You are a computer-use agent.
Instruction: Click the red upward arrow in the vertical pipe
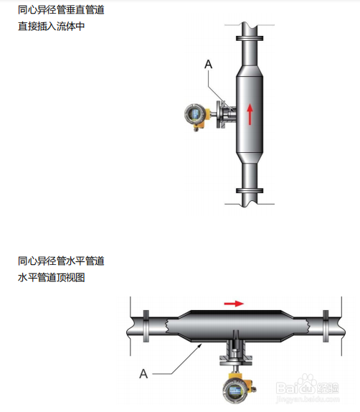[250, 114]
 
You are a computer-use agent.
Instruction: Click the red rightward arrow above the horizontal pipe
[234, 304]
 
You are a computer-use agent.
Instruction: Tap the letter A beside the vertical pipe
[208, 64]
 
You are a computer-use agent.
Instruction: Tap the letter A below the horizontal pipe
[143, 374]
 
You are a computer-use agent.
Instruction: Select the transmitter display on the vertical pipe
[194, 114]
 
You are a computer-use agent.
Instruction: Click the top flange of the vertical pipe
[250, 38]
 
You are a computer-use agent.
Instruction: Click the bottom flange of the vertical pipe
[250, 191]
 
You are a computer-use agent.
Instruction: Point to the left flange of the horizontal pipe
[146, 326]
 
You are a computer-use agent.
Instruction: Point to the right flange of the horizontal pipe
[326, 326]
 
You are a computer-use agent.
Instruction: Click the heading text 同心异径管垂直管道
[61, 10]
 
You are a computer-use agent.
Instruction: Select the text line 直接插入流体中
[51, 27]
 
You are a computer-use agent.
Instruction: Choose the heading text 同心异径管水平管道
[61, 261]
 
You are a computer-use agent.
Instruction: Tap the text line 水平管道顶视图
[51, 278]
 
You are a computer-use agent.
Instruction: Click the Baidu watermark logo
[308, 388]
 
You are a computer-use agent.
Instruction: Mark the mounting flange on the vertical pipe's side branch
[219, 115]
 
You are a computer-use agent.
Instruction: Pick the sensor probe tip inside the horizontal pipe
[235, 334]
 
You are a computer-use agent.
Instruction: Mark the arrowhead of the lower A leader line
[200, 345]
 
